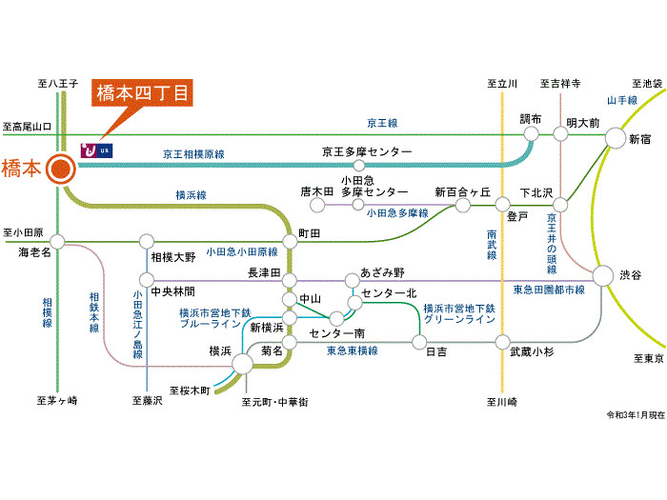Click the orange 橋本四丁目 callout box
coord(143,94)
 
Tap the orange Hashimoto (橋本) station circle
coord(60,169)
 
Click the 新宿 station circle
coord(612,139)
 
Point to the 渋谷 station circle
coord(602,276)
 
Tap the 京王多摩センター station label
coord(367,151)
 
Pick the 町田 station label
coord(309,232)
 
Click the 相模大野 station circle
coord(147,241)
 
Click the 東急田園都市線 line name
coord(549,289)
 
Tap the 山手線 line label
coord(621,100)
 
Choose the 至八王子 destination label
coord(57,85)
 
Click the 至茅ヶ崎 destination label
coord(57,400)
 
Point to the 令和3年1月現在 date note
coord(634,415)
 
